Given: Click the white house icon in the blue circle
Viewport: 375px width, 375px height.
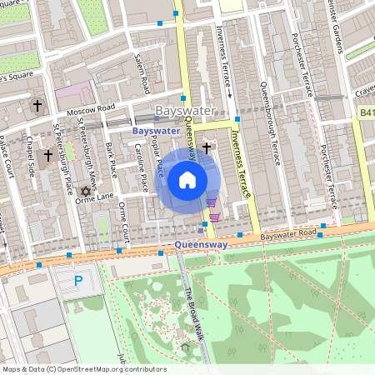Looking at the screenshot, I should (187, 179).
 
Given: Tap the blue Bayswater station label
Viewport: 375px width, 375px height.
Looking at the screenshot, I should (156, 131).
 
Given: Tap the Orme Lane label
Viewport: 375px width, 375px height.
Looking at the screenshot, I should (93, 197).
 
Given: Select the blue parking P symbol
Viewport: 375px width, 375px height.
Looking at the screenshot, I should (79, 282).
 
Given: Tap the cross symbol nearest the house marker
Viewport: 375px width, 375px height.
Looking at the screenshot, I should (206, 147).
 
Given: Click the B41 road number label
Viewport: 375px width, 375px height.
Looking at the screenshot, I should (367, 112).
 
